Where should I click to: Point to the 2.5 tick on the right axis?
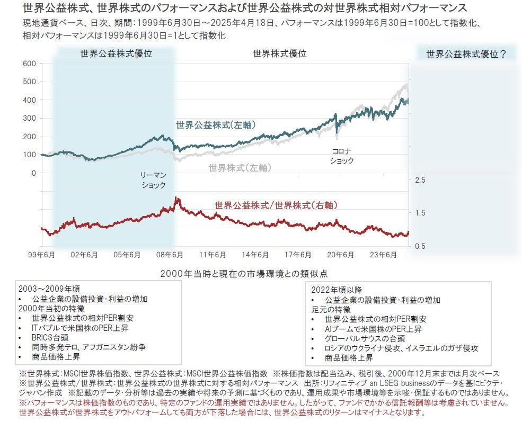pyautogui.click(x=420, y=181)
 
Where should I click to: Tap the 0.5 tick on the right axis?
pyautogui.click(x=420, y=246)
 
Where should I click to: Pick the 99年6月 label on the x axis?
pyautogui.click(x=42, y=255)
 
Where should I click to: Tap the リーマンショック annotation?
pyautogui.click(x=153, y=179)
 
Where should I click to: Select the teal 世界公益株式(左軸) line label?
pyautogui.click(x=216, y=125)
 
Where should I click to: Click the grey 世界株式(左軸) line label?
pyautogui.click(x=240, y=167)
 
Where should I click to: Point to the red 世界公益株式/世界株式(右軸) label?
pyautogui.click(x=276, y=205)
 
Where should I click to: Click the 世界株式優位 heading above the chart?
pyautogui.click(x=279, y=53)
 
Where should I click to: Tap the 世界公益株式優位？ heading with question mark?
pyautogui.click(x=466, y=53)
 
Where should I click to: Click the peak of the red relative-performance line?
pyautogui.click(x=176, y=199)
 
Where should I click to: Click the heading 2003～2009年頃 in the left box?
pyautogui.click(x=49, y=289)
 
